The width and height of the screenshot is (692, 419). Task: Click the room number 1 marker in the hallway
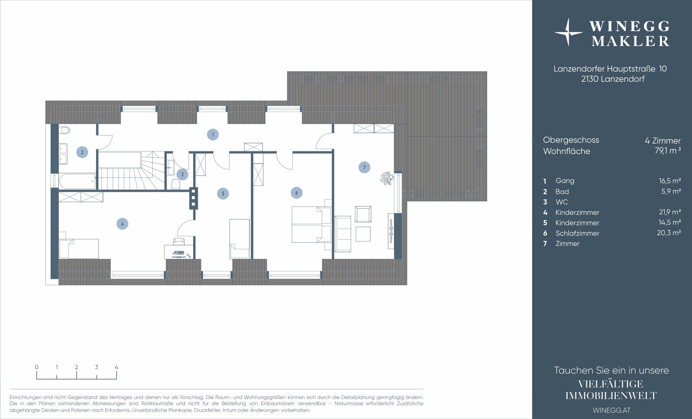pyautogui.click(x=213, y=135)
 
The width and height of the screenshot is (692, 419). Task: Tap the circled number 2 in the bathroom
pyautogui.click(x=82, y=152)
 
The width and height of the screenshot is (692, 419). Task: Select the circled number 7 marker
pyautogui.click(x=364, y=167)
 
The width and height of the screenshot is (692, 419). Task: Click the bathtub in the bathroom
pyautogui.click(x=78, y=181)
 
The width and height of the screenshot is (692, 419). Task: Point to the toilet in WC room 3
pyautogui.click(x=176, y=184)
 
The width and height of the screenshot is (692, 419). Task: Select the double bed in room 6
pyautogui.click(x=311, y=225)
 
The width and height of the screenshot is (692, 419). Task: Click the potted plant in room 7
pyautogui.click(x=386, y=178)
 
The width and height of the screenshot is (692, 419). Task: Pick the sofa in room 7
pyautogui.click(x=343, y=234)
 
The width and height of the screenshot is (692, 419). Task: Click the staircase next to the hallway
pyautogui.click(x=131, y=170)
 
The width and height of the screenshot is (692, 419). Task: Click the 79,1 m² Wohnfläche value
pyautogui.click(x=667, y=151)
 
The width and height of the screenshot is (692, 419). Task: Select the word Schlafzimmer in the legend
pyautogui.click(x=577, y=233)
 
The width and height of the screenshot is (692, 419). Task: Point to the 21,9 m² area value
pyautogui.click(x=669, y=212)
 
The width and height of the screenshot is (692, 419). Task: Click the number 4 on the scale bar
pyautogui.click(x=116, y=367)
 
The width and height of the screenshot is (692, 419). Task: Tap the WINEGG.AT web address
pyautogui.click(x=611, y=410)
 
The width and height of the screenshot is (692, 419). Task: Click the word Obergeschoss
pyautogui.click(x=571, y=140)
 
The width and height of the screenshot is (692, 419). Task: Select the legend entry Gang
pyautogui.click(x=565, y=181)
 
